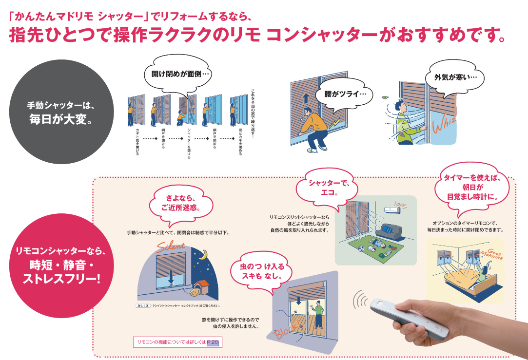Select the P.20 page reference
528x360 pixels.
212,343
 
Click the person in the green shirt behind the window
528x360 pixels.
317,312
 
